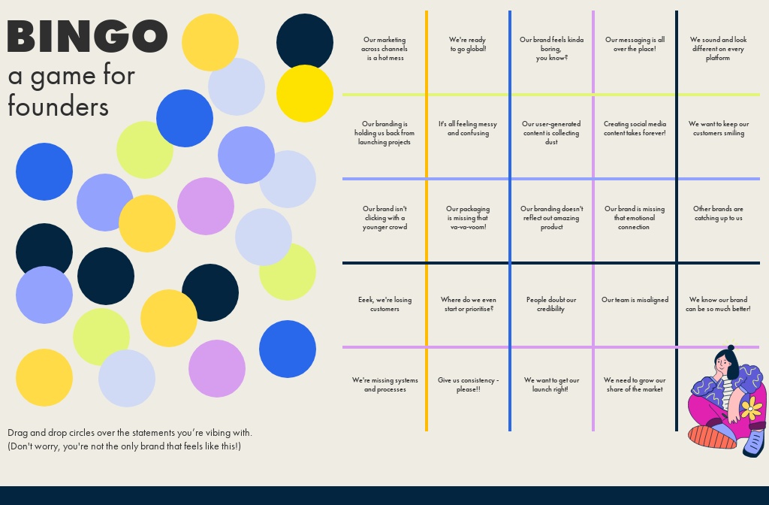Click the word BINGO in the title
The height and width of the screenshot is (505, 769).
click(x=86, y=36)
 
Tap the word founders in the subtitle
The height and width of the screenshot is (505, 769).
click(x=58, y=107)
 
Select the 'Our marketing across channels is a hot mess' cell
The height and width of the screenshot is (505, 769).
click(x=384, y=49)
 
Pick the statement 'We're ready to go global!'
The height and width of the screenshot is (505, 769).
click(x=468, y=44)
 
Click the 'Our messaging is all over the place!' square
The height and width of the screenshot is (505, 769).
click(x=635, y=44)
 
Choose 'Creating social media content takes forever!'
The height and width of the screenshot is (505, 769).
click(x=635, y=129)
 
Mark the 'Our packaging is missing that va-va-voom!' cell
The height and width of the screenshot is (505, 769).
click(x=468, y=218)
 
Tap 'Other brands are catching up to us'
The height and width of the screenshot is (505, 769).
click(x=718, y=213)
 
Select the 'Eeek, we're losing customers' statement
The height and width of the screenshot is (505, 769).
click(x=384, y=304)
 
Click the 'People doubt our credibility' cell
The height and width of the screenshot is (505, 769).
click(x=551, y=304)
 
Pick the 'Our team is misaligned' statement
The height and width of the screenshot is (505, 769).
click(x=635, y=300)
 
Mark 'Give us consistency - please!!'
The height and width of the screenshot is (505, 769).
click(x=468, y=385)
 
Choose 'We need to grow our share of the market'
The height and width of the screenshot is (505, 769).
click(x=635, y=385)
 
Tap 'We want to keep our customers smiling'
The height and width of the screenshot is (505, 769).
click(x=718, y=129)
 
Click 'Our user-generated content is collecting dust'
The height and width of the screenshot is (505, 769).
click(x=551, y=133)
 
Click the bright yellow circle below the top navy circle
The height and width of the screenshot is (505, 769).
click(x=304, y=94)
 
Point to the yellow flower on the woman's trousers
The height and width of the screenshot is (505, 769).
click(x=751, y=409)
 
